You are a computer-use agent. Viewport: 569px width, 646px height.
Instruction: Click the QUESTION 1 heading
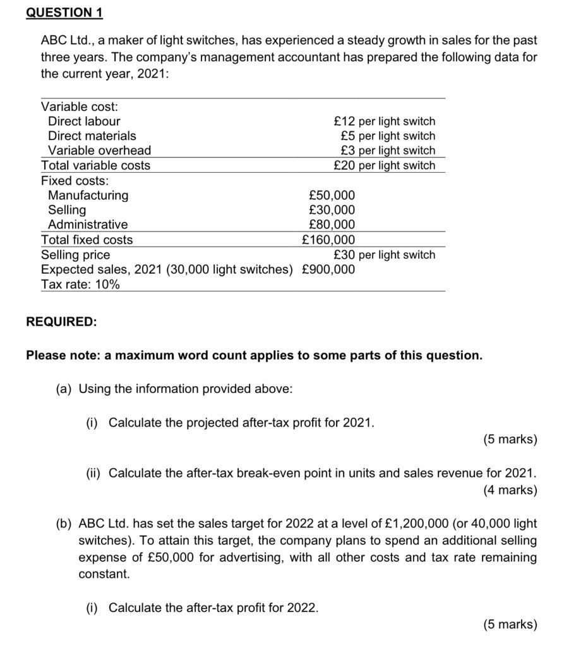point(64,13)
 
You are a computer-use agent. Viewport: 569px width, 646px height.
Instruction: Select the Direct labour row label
point(84,121)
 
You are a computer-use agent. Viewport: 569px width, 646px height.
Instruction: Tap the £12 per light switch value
point(384,121)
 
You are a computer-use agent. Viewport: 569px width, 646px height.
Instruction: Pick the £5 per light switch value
point(387,136)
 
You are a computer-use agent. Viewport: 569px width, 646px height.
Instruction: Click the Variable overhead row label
point(100,150)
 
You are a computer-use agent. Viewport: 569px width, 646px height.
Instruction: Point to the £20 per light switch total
point(384,165)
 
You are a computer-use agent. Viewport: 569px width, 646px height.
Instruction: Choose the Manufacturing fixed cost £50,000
point(332,195)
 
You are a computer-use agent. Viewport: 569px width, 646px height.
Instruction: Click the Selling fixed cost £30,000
point(332,209)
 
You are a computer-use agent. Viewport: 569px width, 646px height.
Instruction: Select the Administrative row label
point(88,225)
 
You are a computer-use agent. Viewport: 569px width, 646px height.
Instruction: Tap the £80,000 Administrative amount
point(332,225)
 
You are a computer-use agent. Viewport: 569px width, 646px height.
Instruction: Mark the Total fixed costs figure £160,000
point(328,240)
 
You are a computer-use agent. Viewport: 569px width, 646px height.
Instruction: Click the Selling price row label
point(75,255)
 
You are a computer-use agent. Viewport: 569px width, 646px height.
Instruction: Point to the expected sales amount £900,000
point(328,269)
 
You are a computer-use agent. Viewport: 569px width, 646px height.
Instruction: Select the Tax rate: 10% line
point(80,285)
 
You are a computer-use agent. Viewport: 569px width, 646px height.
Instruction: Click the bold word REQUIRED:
point(62,322)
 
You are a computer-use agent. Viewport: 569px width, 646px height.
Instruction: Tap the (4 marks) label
point(510,490)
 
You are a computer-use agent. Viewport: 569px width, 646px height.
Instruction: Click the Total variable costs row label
point(95,165)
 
